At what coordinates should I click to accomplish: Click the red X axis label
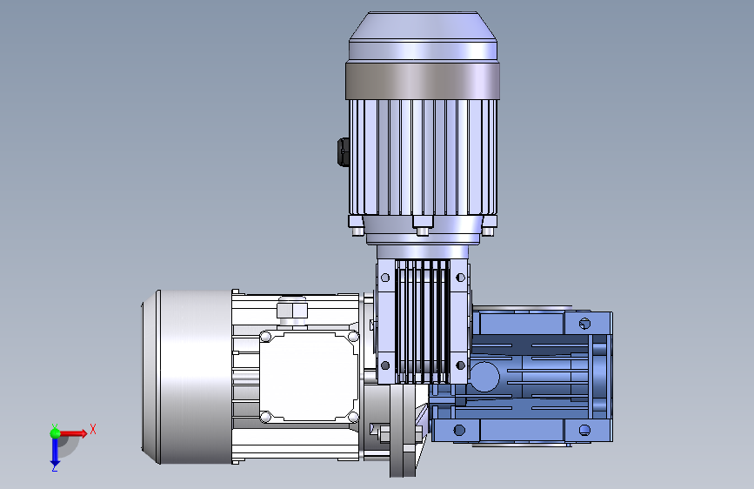pos(93,429)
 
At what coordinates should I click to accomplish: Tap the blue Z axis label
pos(55,467)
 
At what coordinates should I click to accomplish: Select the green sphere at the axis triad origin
pos(56,433)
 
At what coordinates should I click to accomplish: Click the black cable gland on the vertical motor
pos(344,152)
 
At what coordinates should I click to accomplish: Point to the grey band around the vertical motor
pos(422,81)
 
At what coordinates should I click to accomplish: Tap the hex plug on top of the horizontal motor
pos(292,310)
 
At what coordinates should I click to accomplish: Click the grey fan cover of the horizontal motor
pos(187,377)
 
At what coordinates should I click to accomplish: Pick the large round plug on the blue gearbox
pos(484,377)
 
